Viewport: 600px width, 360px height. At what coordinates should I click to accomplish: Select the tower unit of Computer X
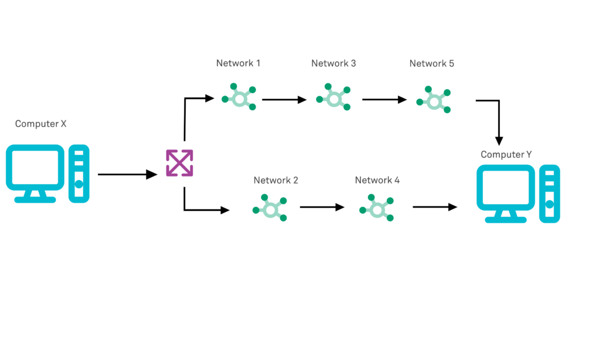(79, 174)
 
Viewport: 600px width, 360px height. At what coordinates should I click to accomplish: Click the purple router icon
(179, 163)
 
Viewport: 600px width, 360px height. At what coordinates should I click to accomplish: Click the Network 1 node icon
(239, 98)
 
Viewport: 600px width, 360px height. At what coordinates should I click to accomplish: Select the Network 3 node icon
(333, 98)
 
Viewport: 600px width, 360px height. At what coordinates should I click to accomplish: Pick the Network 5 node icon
(434, 100)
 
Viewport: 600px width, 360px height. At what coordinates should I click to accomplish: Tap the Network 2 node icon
(270, 208)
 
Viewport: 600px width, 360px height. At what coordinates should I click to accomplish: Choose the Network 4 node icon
(377, 208)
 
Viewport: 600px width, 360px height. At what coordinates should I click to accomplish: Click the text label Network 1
(238, 63)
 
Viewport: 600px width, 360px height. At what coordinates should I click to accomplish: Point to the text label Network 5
(431, 63)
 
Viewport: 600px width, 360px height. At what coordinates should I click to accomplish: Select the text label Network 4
(377, 180)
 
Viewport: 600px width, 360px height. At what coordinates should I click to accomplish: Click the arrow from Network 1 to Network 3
(284, 100)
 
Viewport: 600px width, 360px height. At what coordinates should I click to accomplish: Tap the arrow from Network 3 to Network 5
(384, 100)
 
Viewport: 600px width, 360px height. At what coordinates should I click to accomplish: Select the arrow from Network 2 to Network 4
(322, 207)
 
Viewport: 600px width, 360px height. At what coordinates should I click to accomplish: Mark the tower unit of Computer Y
(549, 193)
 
